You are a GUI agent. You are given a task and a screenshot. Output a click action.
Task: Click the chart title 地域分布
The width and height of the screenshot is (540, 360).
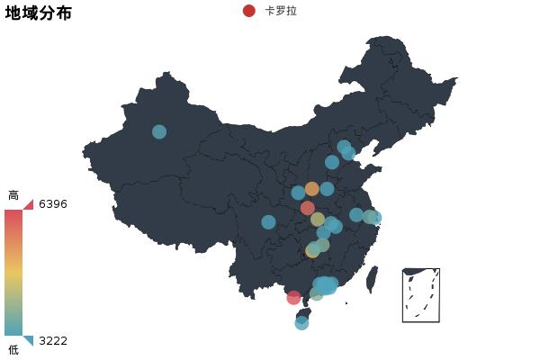coord(39,13)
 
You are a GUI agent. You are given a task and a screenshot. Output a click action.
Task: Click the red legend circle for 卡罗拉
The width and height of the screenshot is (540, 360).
coord(249,11)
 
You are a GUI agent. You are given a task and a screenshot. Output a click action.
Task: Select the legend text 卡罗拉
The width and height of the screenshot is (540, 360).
coord(281,11)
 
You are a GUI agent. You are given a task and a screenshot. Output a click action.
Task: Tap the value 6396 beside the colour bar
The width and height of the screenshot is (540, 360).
coord(53,204)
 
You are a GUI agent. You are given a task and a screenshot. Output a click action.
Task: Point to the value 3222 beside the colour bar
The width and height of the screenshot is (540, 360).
coord(53,341)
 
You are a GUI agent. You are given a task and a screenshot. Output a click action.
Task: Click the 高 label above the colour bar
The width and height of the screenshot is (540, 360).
coord(13,195)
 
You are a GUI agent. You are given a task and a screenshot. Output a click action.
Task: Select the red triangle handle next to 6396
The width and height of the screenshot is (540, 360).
coord(29,205)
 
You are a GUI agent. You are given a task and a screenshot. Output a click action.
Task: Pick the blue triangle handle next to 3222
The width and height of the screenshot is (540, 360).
coord(29,339)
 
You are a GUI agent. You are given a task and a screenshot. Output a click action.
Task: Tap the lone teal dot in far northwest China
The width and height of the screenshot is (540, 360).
coord(159,131)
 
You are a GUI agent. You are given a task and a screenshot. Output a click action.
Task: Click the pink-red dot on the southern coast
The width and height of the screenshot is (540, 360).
coord(293,298)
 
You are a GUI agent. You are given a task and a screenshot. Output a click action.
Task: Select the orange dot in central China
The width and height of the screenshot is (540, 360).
coord(312,189)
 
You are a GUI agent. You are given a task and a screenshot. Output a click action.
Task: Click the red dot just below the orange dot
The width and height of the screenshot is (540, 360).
coord(308,208)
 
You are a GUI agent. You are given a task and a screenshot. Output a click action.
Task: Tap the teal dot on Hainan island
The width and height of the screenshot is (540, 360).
coord(301,323)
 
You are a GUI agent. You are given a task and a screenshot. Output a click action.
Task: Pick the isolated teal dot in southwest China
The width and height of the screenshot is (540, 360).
coord(268,222)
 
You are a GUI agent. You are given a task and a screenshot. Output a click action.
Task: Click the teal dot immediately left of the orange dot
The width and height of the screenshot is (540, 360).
coord(298,193)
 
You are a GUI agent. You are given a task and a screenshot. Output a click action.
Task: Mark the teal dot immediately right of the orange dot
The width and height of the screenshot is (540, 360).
coord(327,189)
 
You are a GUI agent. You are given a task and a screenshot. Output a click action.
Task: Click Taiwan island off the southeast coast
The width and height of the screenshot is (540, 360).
coord(373,279)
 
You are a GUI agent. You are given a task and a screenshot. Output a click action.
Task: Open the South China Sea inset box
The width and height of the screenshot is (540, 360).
coord(421,295)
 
